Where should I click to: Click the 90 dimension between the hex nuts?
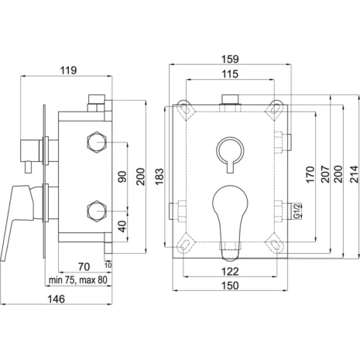click(x=122, y=177)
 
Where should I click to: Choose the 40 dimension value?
click(x=122, y=228)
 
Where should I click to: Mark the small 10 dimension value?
click(x=108, y=265)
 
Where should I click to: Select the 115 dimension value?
click(x=231, y=74)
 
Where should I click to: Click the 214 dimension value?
click(x=354, y=174)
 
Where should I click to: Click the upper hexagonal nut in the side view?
click(x=97, y=142)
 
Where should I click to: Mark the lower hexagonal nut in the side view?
click(x=97, y=209)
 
